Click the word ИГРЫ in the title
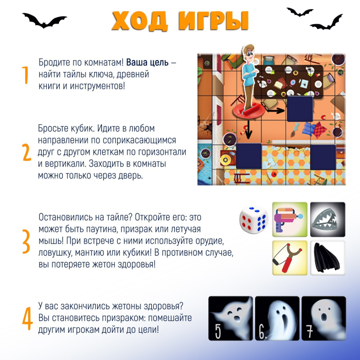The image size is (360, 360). pos(213,21)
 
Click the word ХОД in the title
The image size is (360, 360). pos(140,21)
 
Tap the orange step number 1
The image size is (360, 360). pos(25,75)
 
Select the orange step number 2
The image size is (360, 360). pos(27,152)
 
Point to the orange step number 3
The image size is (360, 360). pos(26,241)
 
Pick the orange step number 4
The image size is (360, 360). pos(27,319)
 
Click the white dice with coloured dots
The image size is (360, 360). pos(254,220)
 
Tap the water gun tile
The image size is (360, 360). pos(290,220)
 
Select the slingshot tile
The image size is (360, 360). pos(290,258)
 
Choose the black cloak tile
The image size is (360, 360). pos(328,258)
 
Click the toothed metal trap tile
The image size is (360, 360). pos(328,220)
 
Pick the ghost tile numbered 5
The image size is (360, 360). pos(230,318)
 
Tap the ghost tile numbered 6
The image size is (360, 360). pos(277,318)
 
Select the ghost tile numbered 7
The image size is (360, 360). pos(323,318)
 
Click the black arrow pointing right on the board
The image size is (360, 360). pos(276,111)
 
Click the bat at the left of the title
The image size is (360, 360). pos(45,21)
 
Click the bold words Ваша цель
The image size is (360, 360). pos(148,62)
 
